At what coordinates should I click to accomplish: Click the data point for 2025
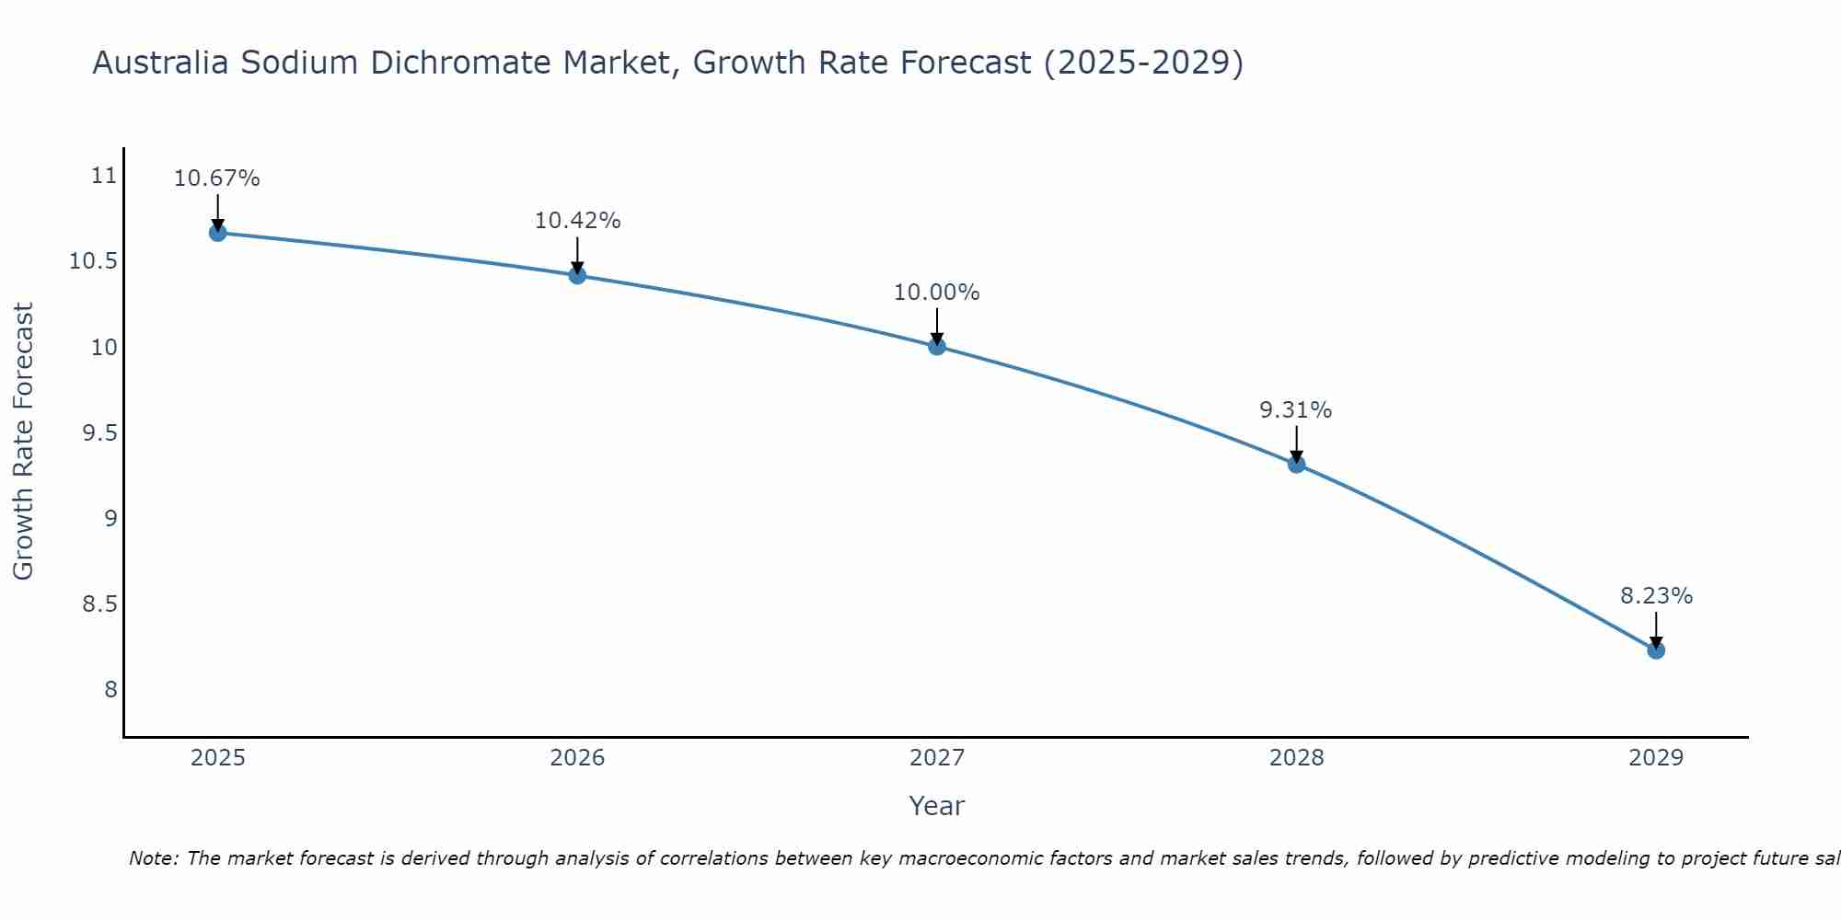[217, 233]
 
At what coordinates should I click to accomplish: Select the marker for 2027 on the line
[937, 346]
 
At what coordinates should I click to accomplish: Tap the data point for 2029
[1656, 650]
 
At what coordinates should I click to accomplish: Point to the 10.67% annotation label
[217, 178]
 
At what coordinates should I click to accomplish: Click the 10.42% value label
[577, 221]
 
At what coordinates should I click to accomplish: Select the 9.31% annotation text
[1296, 410]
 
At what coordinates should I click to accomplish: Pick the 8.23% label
[1656, 596]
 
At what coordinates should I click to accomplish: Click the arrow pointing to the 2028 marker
[1296, 444]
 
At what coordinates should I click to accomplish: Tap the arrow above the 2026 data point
[577, 255]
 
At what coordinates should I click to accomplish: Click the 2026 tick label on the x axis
[577, 758]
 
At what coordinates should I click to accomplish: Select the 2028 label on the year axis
[1296, 758]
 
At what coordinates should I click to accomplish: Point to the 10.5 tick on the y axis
[94, 261]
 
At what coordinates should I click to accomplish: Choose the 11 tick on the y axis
[105, 176]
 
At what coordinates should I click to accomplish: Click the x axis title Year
[936, 806]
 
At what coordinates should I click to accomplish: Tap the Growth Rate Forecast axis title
[24, 442]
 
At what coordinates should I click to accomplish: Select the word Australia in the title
[161, 63]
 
